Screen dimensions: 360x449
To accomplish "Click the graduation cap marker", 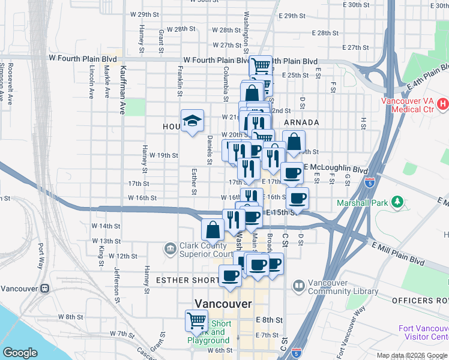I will click(193, 121).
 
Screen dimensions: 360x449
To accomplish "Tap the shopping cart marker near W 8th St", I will click(196, 322).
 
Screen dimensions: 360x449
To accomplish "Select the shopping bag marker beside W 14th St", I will click(212, 229).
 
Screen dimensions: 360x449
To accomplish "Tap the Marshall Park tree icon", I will click(396, 200).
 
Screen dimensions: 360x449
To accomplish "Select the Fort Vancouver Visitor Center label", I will click(424, 332).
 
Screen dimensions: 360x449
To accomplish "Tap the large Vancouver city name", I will click(223, 304).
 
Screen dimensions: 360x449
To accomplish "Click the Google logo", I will click(20, 353).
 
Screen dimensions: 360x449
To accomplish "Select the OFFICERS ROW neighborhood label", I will click(420, 300).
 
